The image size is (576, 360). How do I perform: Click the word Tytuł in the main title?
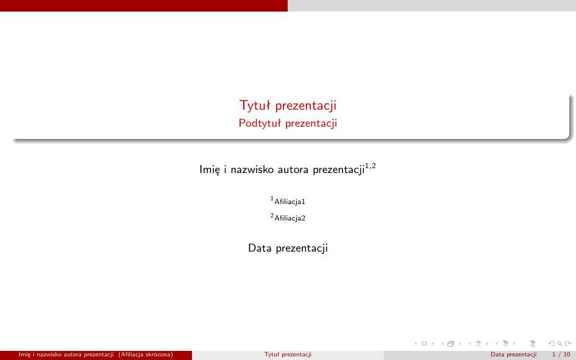(x=255, y=106)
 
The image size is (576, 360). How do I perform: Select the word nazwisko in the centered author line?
(x=251, y=169)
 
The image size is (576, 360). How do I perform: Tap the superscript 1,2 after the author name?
(x=371, y=166)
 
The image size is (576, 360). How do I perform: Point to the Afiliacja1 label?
(x=288, y=201)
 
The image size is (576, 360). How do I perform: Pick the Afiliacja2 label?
(x=288, y=217)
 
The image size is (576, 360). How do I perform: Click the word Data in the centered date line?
(x=260, y=248)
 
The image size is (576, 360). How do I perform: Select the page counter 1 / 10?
(x=561, y=355)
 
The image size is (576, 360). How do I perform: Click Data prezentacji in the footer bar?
(x=514, y=355)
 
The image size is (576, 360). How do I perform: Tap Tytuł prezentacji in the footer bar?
(x=288, y=355)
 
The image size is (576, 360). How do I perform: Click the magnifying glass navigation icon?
(x=560, y=344)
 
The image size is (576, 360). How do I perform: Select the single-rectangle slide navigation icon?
(x=424, y=344)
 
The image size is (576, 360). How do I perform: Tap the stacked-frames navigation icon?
(x=450, y=344)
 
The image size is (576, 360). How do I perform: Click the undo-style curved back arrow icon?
(x=551, y=344)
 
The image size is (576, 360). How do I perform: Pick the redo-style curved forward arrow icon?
(x=568, y=344)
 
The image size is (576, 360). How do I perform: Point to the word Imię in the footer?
(x=24, y=355)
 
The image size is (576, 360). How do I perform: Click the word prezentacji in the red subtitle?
(x=311, y=123)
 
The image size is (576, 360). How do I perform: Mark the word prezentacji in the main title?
(x=305, y=106)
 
